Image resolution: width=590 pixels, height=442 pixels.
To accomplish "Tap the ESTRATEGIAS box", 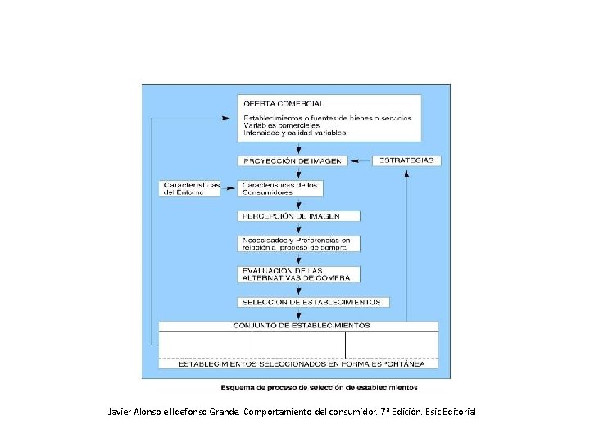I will pyautogui.click(x=407, y=160).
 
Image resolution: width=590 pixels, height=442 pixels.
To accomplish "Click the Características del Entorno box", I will pyautogui.click(x=191, y=188).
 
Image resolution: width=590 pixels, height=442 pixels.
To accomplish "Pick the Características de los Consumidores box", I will pyautogui.click(x=279, y=188).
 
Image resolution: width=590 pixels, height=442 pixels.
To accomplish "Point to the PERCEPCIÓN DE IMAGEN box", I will pyautogui.click(x=299, y=216).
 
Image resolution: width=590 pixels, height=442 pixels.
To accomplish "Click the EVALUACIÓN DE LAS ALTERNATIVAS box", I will pyautogui.click(x=299, y=274).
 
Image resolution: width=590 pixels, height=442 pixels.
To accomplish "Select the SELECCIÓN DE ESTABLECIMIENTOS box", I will pyautogui.click(x=311, y=301).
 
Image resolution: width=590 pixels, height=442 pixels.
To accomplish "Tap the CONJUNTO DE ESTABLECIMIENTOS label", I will pyautogui.click(x=302, y=325).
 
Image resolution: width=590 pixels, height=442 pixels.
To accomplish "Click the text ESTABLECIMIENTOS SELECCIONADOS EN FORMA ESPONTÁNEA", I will pyautogui.click(x=302, y=363).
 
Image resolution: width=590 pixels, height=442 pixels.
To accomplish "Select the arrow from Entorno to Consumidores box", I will pyautogui.click(x=231, y=188).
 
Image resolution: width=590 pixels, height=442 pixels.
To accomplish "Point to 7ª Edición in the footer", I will pyautogui.click(x=400, y=410).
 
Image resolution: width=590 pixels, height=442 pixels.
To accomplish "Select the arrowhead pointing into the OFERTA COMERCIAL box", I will pyautogui.click(x=234, y=118).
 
